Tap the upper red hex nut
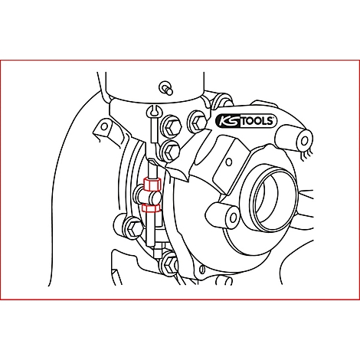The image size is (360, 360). [x=150, y=185]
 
